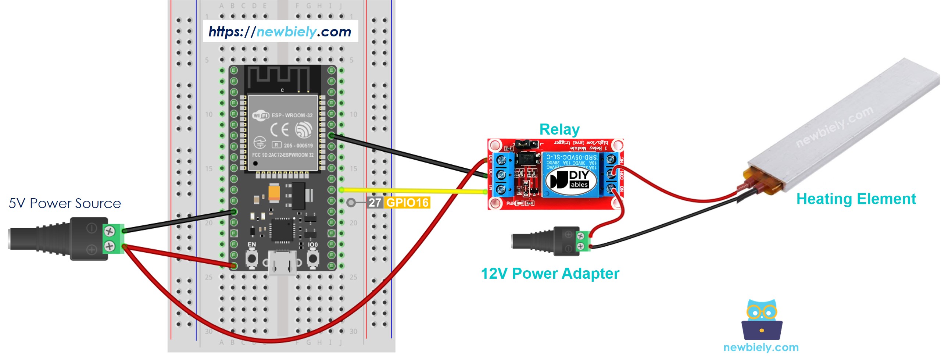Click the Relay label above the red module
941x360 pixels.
click(559, 129)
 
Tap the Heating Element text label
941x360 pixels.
click(856, 199)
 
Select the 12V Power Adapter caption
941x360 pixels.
click(550, 274)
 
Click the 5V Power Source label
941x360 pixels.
click(65, 203)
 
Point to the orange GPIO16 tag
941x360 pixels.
click(407, 203)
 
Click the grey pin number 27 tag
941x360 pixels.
click(375, 203)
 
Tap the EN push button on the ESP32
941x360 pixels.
click(252, 258)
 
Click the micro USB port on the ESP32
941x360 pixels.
click(282, 263)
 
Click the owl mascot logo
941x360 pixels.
click(762, 320)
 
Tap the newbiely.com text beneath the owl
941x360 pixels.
click(761, 347)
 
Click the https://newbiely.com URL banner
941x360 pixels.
click(280, 32)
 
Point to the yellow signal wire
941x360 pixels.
click(412, 190)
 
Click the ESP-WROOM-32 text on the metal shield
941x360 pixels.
click(292, 115)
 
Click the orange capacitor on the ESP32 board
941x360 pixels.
click(274, 193)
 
